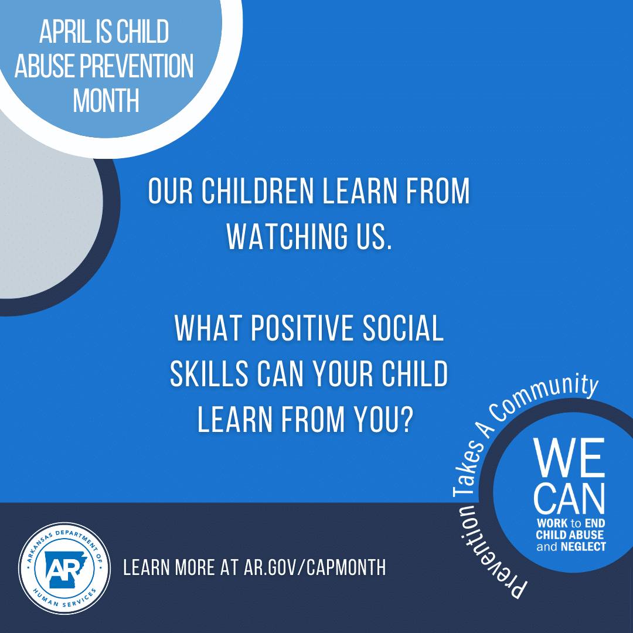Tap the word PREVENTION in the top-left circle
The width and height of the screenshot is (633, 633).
coord(137,66)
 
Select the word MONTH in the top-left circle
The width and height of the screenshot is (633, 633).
coord(105,100)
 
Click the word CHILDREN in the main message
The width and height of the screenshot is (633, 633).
coord(257,191)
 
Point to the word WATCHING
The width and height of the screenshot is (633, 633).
coord(287,236)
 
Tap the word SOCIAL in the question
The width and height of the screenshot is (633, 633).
coord(403,328)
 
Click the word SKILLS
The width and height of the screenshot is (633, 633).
coord(209,374)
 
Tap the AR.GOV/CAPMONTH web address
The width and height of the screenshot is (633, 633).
coord(315,567)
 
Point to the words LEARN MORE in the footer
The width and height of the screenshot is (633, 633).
coord(169,567)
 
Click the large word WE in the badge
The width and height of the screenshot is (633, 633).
coord(569,457)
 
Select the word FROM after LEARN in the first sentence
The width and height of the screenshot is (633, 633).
coord(438,191)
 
